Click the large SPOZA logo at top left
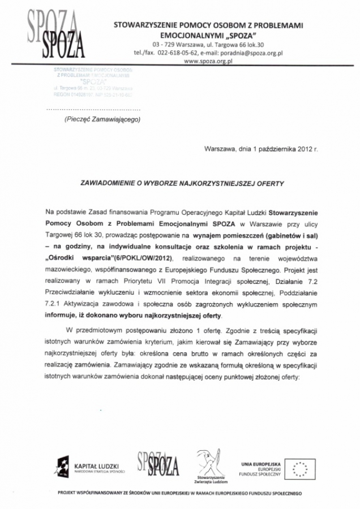click(56, 34)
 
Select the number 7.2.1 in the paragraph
click(53, 305)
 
